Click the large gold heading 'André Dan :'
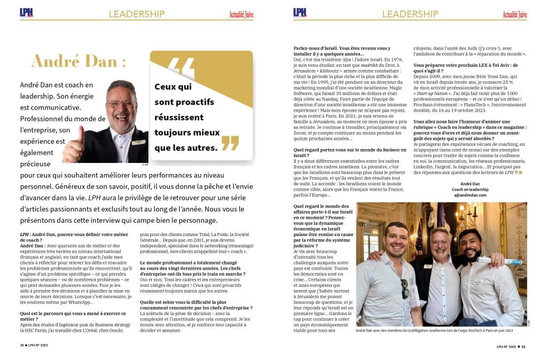point(79,61)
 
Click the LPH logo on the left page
point(26,12)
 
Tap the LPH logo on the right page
point(300,12)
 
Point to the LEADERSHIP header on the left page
point(136,14)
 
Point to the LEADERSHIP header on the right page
point(410,14)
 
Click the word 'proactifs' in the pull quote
point(192,101)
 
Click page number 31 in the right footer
point(523,346)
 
